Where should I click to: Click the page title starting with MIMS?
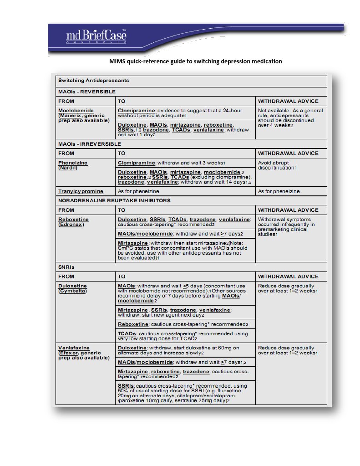point(195,61)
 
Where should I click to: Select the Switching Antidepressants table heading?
point(93,81)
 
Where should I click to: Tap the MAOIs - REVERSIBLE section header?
point(86,92)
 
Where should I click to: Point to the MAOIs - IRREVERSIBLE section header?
point(90,143)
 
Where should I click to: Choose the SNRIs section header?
point(66,267)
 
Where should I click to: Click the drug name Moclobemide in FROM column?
point(76,111)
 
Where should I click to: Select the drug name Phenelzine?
point(73,163)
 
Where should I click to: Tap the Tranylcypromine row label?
point(81,191)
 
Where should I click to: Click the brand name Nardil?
point(67,168)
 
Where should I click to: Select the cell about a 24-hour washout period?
point(180,113)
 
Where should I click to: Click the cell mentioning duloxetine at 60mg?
point(183,350)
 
